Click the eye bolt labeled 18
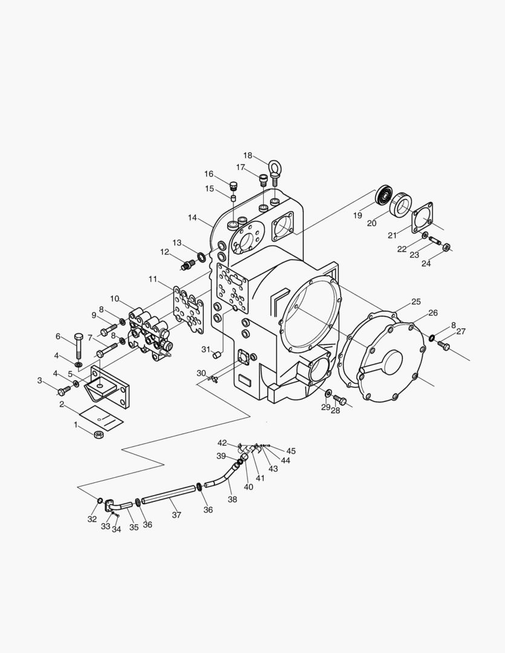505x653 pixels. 275,174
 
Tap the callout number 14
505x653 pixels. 192,218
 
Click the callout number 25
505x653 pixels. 416,302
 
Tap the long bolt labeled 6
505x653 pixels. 79,346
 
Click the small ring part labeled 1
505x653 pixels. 99,435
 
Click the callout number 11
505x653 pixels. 152,279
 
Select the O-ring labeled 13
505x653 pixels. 201,257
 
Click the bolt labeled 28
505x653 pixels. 340,400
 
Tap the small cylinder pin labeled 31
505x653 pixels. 217,355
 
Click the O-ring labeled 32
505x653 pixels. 100,500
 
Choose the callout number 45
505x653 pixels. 291,451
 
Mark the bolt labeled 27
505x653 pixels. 444,345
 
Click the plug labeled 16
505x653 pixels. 233,184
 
